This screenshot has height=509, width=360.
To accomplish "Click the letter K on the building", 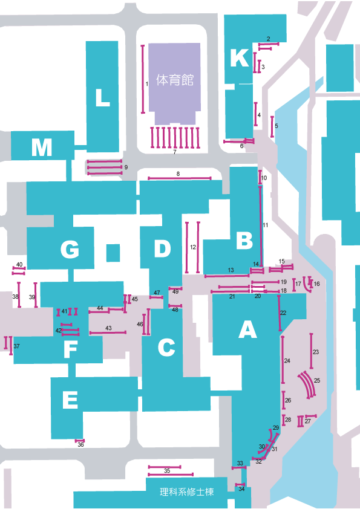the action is coord(240,58).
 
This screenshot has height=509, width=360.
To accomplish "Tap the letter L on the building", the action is coord(102,97).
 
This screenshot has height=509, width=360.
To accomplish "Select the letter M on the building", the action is coord(42,148).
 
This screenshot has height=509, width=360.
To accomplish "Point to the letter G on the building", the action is coord(70,249).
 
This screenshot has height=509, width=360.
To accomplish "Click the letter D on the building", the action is coord(163,248).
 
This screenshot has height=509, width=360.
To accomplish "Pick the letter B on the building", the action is coord(244,240).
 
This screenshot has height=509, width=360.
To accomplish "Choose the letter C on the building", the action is coord(166,348).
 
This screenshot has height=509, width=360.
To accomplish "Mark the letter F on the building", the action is coord(71,349).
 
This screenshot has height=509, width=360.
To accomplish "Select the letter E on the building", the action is coord(70,399).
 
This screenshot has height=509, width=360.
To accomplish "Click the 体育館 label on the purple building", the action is coord(175,80).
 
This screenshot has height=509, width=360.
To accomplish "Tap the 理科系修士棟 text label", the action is coord(187,492).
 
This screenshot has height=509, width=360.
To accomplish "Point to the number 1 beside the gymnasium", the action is coord(147,84).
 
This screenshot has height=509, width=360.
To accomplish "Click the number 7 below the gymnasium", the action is coord(175,152).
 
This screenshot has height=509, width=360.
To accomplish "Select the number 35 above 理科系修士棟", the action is coord(167,471).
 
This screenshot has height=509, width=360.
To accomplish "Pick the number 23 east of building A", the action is coord(316,352).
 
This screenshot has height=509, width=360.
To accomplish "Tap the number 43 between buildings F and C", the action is coord(108,328).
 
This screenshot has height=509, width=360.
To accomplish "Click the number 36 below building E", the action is coord(80,445).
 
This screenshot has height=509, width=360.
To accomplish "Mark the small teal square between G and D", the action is coord(113,253).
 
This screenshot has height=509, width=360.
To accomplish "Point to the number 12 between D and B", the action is coord(193,247).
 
